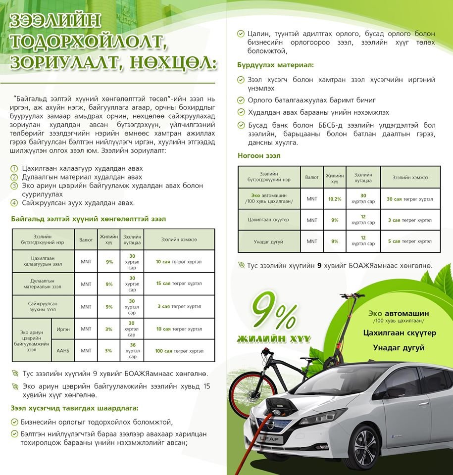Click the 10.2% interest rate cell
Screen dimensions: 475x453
click(335, 198)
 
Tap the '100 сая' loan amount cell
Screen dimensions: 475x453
click(179, 351)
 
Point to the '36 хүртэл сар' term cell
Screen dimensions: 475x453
click(132, 351)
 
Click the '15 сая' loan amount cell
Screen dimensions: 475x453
click(179, 284)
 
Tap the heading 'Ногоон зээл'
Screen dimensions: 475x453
click(259, 155)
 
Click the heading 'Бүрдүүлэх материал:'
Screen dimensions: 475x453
click(275, 65)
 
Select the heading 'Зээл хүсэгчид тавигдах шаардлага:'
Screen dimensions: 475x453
click(74, 408)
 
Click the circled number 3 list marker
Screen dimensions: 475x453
click(14, 186)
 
